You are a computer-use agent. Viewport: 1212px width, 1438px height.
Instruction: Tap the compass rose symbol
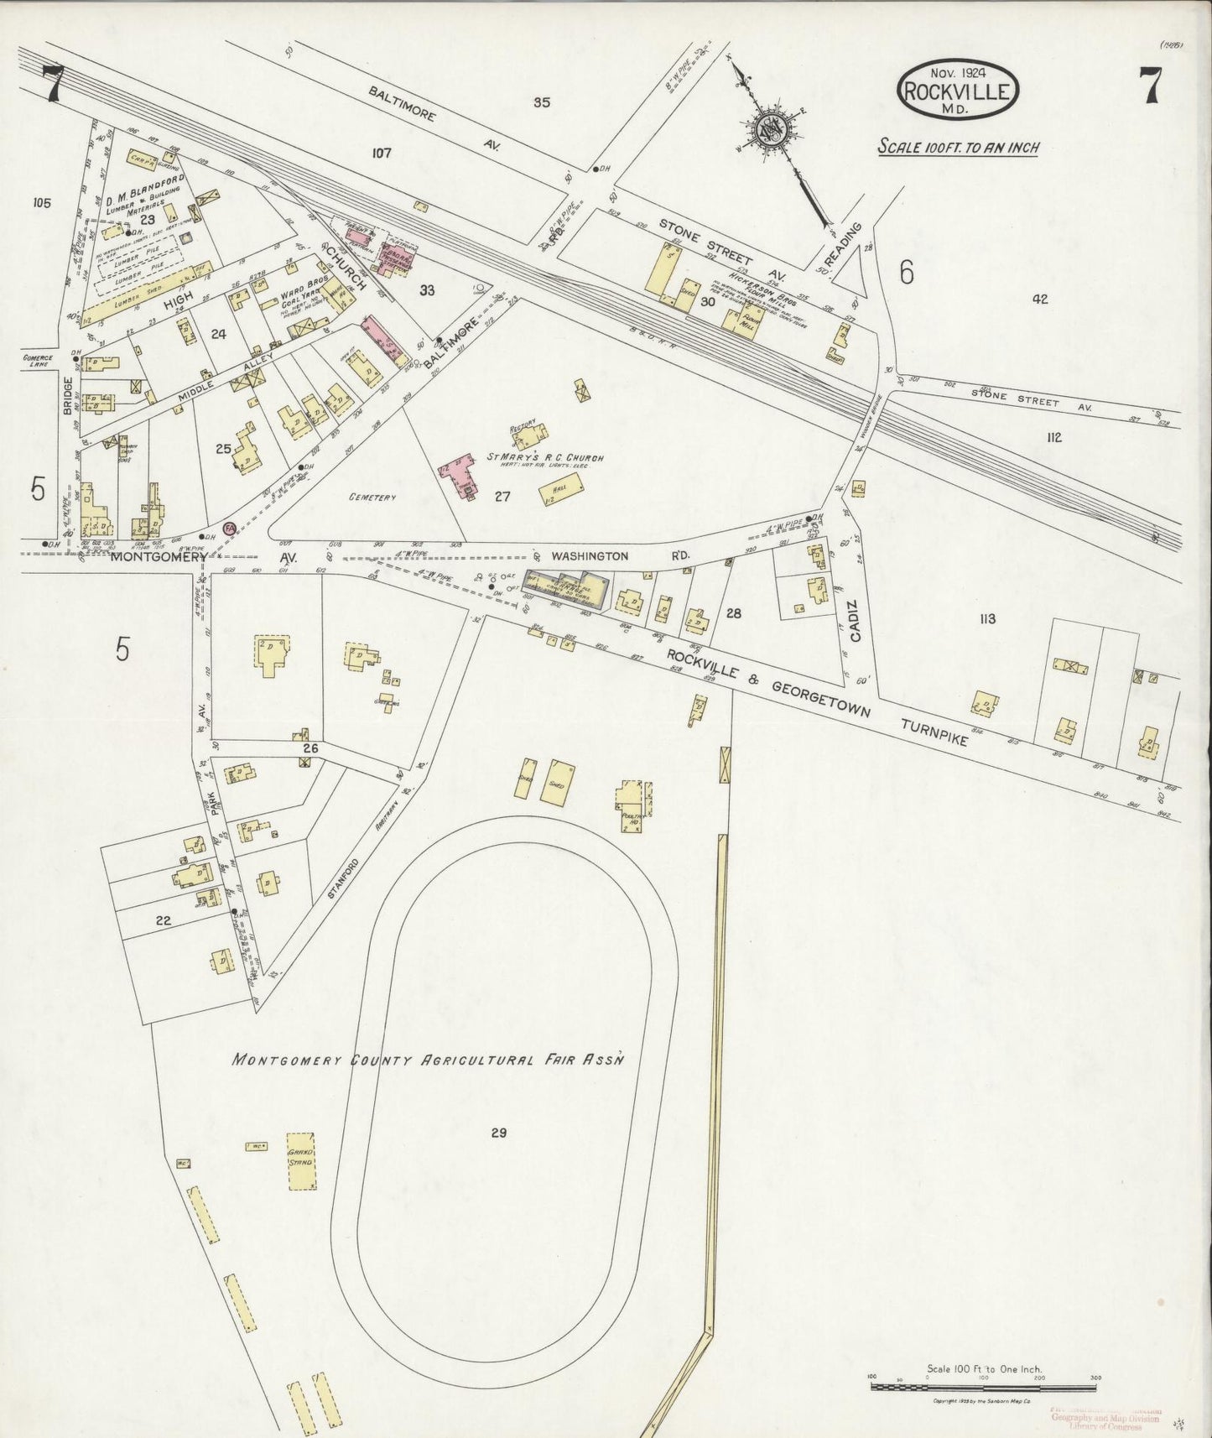tap(768, 129)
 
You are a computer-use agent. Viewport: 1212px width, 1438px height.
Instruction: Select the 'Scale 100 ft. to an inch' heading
tap(958, 147)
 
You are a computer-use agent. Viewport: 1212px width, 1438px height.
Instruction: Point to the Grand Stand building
tap(301, 1160)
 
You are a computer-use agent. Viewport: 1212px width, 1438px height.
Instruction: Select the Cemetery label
tap(372, 498)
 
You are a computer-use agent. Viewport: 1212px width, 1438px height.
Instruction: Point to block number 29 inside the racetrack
tap(499, 1133)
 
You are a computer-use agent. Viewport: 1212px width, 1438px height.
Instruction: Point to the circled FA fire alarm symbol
tap(229, 529)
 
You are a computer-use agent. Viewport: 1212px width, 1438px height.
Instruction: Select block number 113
tap(986, 619)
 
